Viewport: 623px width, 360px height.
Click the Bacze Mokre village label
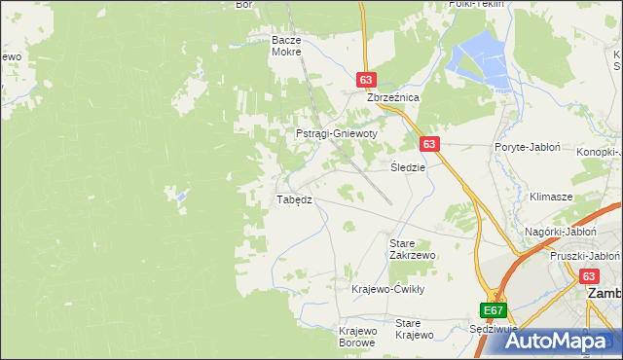[x=287, y=47]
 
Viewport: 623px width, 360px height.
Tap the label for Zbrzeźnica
[x=392, y=98]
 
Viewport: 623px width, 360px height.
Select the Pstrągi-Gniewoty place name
[x=336, y=133]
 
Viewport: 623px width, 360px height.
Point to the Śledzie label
[x=408, y=166]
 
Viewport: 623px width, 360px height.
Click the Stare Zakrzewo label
[x=411, y=248]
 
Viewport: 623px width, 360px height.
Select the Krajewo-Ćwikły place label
[x=388, y=289]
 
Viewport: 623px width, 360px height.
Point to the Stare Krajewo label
[x=414, y=329]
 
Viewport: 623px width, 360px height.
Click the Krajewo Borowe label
[x=357, y=337]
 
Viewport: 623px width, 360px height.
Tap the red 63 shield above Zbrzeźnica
[x=366, y=80]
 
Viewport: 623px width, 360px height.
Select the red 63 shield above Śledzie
[x=431, y=143]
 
